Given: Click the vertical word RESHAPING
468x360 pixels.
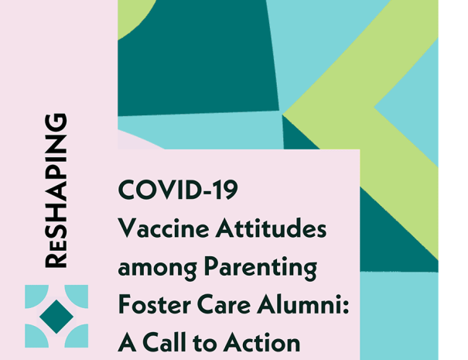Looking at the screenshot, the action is [56, 190].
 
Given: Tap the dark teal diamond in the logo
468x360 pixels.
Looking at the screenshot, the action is [56, 317].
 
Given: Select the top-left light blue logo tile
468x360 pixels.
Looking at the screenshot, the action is [36, 297].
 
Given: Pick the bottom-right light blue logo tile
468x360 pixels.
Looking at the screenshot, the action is [77, 336].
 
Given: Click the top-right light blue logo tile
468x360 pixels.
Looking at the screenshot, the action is [77, 297].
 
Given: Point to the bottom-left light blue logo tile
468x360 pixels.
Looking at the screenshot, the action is [36, 336].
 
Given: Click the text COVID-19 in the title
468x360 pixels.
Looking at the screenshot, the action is [178, 190].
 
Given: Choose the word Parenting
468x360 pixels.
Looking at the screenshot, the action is [261, 268].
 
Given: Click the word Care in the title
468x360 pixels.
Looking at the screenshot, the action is [224, 304].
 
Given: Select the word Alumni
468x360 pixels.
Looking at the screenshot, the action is [299, 303].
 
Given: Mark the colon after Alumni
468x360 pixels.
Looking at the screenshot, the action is [346, 307].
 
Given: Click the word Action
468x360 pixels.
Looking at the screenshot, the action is [261, 343].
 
